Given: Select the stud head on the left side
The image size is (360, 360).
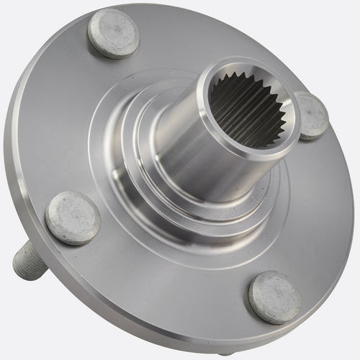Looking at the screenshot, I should [72, 217].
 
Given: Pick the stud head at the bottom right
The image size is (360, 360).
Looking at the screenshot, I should [274, 297].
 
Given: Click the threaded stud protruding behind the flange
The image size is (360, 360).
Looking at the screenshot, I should [30, 261].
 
